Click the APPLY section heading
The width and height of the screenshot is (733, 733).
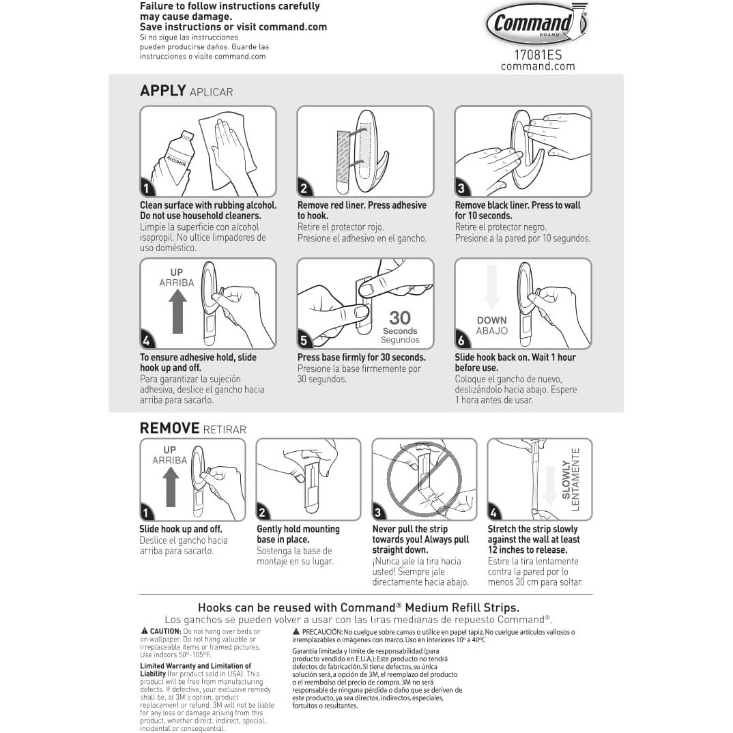[x=163, y=91]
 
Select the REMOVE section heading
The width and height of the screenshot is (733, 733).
[x=169, y=428]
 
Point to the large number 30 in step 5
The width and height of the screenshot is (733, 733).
[x=400, y=317]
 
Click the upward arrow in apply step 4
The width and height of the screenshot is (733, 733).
[x=177, y=311]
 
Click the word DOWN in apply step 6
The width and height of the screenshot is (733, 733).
[x=491, y=320]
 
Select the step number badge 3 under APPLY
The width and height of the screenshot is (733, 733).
[x=462, y=189]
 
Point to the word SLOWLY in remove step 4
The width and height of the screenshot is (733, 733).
[x=566, y=479]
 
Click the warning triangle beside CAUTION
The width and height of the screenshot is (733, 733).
[x=145, y=631]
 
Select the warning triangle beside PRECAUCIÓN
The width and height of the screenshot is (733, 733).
[x=296, y=631]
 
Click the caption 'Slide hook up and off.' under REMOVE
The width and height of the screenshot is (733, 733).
[x=181, y=529]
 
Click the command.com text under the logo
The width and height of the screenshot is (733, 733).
[x=538, y=66]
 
